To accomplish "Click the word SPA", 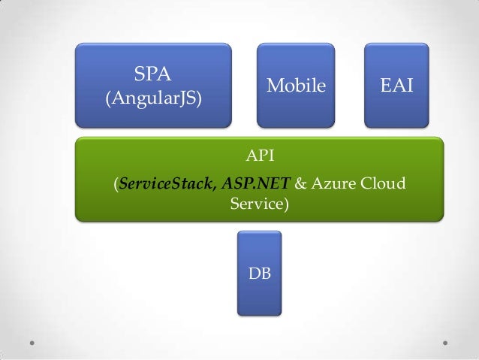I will [x=152, y=74].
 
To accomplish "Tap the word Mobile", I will [x=297, y=86].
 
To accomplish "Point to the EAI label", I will [x=396, y=86].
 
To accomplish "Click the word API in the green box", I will [x=261, y=156].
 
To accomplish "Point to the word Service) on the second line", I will [x=258, y=203].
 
